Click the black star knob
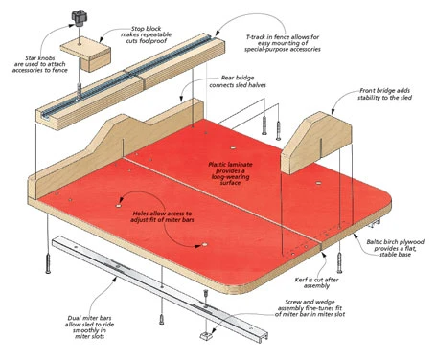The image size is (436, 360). [x=80, y=18]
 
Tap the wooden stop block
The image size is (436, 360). [x=85, y=54]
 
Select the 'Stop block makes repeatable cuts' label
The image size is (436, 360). [x=146, y=34]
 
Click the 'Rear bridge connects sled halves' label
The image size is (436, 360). [x=238, y=81]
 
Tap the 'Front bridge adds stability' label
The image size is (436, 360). [x=384, y=94]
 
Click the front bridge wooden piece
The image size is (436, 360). [x=316, y=143]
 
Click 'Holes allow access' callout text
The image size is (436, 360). [x=162, y=216]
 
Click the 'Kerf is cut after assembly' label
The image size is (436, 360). [x=316, y=282]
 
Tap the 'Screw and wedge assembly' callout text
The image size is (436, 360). [x=310, y=308]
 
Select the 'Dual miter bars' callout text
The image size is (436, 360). [x=89, y=327]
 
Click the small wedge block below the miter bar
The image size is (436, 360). [x=206, y=336]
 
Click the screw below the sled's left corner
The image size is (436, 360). [x=48, y=263]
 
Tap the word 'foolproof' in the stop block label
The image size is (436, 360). [x=153, y=41]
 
